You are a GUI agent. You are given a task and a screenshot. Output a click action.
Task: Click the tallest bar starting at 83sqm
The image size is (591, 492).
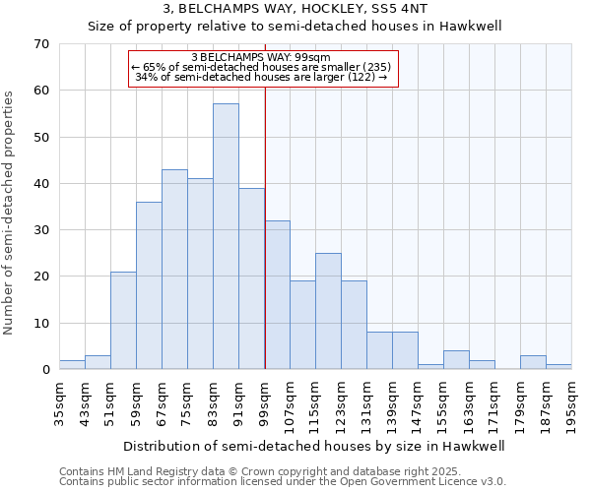(x=226, y=236)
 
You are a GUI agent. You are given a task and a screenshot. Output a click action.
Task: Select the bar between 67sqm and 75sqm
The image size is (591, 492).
(x=174, y=270)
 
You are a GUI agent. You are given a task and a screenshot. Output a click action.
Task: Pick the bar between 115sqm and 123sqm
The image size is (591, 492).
(x=328, y=311)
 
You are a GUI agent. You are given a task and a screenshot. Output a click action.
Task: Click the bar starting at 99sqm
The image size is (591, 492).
(x=277, y=295)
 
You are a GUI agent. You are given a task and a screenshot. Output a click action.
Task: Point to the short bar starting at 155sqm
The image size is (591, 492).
(x=456, y=360)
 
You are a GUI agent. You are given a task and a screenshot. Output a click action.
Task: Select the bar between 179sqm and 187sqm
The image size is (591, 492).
(x=533, y=363)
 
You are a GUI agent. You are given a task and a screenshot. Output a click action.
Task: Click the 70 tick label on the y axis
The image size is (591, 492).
(x=41, y=44)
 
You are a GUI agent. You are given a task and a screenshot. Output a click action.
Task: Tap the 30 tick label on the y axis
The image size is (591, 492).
(x=41, y=230)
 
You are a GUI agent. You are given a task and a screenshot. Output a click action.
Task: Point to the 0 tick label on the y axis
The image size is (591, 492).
(x=45, y=370)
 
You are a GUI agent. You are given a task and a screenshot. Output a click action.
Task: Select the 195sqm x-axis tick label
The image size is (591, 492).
(x=571, y=401)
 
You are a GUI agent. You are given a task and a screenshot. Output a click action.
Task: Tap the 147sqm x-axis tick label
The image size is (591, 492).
(x=418, y=401)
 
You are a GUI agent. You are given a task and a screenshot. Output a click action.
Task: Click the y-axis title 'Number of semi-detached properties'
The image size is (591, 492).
(x=10, y=212)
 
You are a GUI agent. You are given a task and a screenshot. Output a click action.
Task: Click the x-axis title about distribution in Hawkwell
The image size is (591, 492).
(x=314, y=446)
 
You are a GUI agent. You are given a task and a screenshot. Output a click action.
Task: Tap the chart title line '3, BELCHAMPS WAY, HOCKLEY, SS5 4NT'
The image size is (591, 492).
(x=295, y=9)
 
